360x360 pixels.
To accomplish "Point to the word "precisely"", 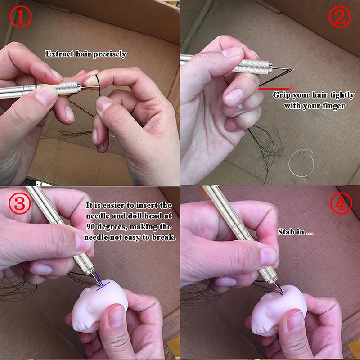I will point(110,54).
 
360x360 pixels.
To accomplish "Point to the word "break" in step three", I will point(162,237).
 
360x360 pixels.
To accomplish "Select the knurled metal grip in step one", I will point(67,87).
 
